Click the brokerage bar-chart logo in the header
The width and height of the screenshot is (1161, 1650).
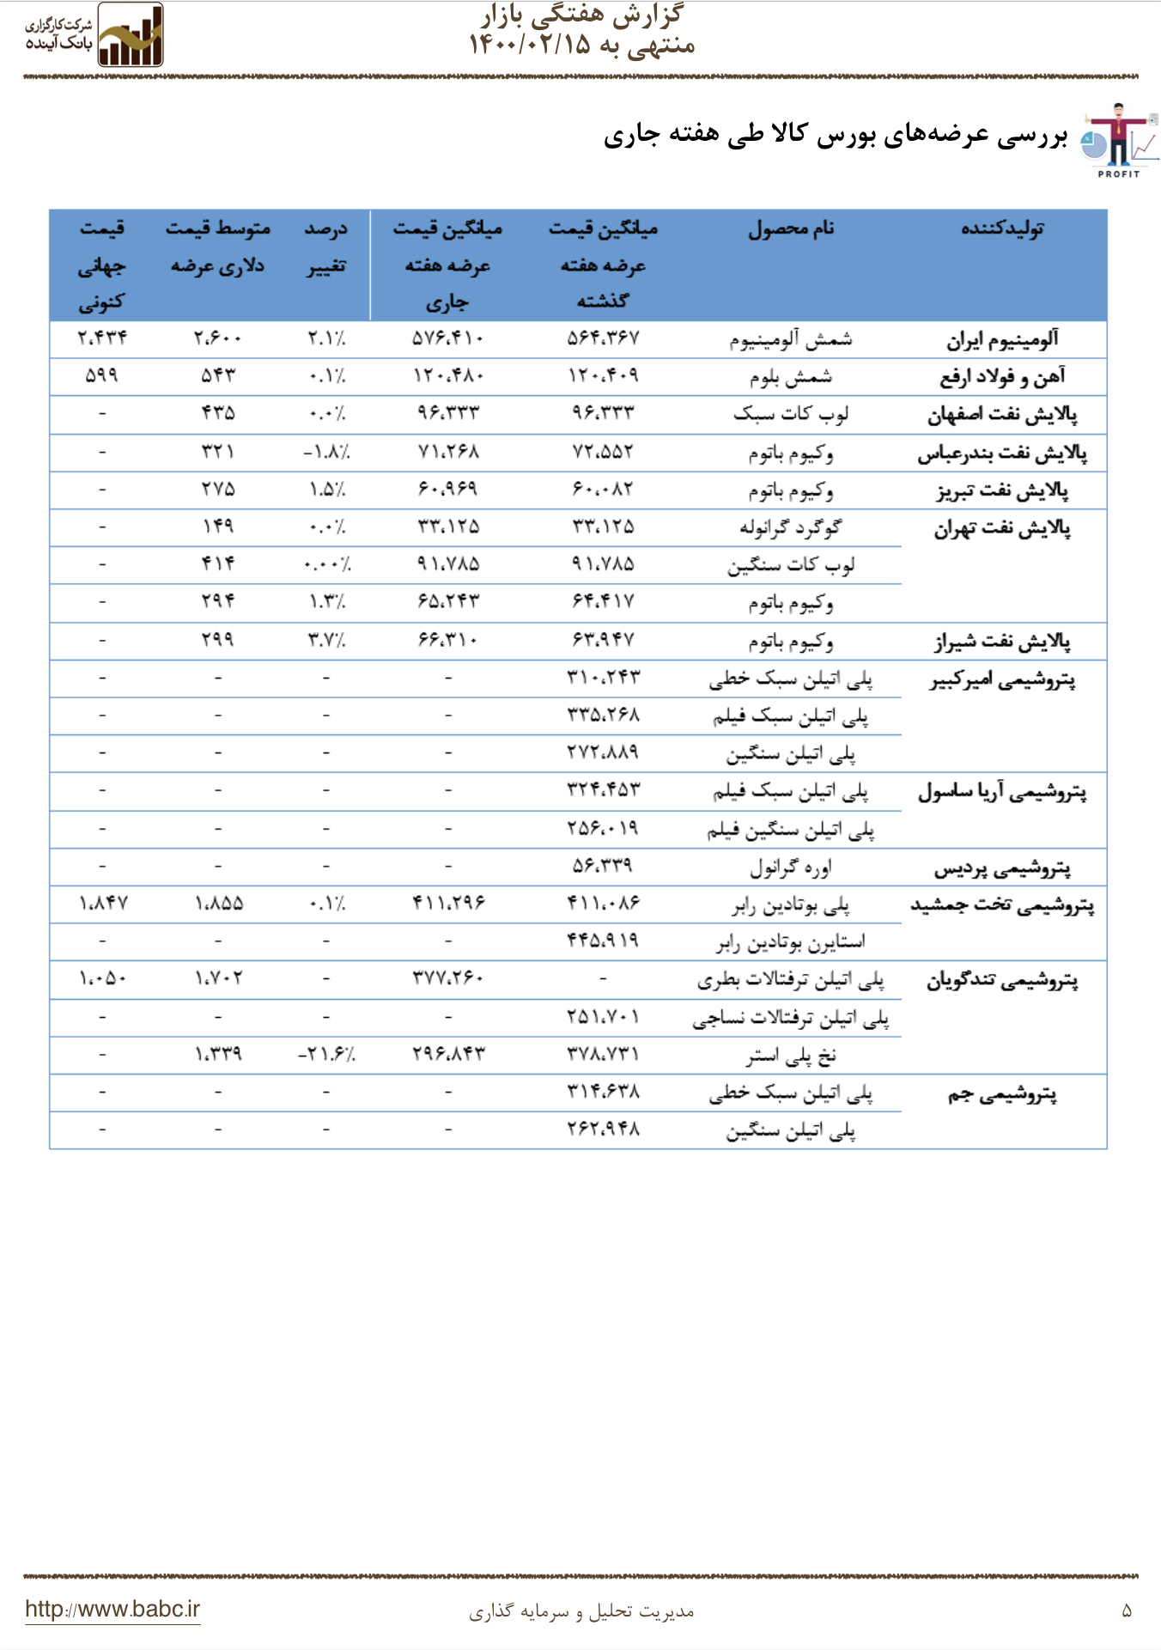[130, 36]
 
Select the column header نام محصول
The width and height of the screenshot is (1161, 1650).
[791, 228]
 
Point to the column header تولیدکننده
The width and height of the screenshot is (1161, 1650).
[1002, 228]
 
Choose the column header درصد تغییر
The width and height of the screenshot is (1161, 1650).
[326, 247]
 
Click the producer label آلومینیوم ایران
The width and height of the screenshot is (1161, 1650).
[1002, 339]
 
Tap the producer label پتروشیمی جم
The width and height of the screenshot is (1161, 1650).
[1002, 1094]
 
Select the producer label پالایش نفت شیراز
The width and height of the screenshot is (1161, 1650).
[1002, 641]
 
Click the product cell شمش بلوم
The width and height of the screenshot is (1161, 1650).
[791, 376]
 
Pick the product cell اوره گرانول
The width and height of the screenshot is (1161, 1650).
[791, 867]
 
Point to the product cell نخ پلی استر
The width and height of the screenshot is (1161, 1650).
[791, 1055]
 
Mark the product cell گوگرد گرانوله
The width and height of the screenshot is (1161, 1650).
[791, 527]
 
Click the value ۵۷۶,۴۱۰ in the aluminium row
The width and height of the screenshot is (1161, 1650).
[447, 338]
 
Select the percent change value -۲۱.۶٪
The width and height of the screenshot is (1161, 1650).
[326, 1054]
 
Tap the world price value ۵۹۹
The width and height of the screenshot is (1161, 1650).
[101, 375]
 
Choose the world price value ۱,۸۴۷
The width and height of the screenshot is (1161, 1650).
[102, 904]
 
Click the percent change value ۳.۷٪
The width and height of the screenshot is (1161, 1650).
[326, 640]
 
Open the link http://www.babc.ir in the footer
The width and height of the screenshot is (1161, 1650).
[112, 1609]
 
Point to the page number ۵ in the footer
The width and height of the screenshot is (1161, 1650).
[1127, 1611]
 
